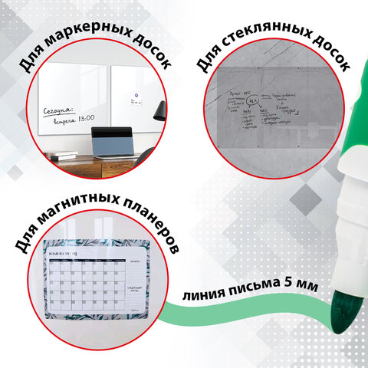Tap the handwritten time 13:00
84,119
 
